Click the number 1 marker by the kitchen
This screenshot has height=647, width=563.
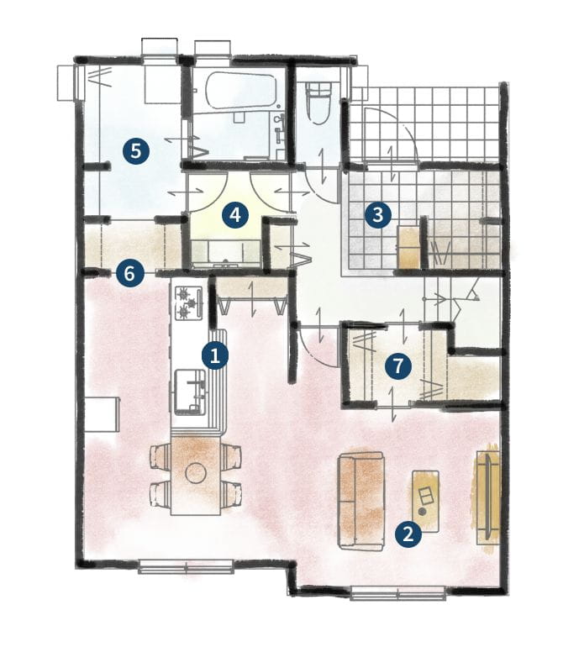pos(214,355)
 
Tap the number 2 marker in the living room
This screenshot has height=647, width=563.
pos(408,534)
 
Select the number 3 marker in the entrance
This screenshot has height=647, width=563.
pos(377,214)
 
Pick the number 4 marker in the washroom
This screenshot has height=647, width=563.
pos(234,215)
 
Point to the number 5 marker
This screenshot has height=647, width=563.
pos(136,151)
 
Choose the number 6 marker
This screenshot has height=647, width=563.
pos(129,273)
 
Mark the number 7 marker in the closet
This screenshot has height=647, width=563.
pos(398,366)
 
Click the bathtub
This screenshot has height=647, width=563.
pos(239,93)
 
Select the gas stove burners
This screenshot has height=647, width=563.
pos(189,303)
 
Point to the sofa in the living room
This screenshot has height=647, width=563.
pos(361,502)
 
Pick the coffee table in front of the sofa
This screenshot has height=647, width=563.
pos(425,502)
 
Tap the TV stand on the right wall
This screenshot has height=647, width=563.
pos(488,497)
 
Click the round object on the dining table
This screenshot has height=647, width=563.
pos(196,473)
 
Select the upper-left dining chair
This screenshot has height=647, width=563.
pos(160,456)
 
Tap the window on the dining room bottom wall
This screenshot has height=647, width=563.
pos(187,566)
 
